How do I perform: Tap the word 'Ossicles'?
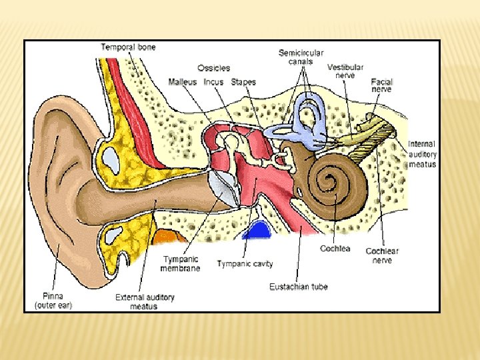213,68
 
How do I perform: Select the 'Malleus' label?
183,82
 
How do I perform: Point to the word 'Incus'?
213,82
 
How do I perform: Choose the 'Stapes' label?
243,82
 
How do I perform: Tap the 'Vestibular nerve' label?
345,72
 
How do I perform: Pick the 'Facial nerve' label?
381,86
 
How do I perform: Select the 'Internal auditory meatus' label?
423,154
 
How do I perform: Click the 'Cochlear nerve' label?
382,255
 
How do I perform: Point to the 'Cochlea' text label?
335,249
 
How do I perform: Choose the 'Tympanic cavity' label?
245,264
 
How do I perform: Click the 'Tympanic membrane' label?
180,263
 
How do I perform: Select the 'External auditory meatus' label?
145,301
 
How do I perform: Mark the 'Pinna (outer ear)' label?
53,301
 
